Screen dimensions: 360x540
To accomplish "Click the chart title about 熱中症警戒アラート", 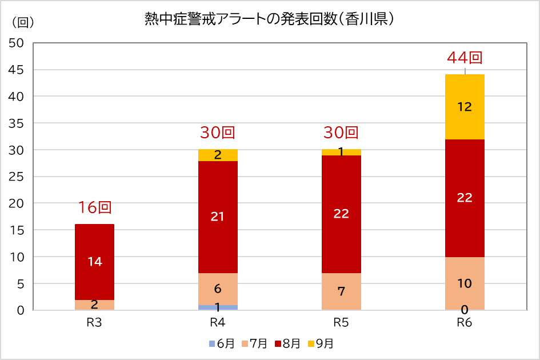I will pos(270,19).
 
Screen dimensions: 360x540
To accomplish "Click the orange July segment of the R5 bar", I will pos(341,291).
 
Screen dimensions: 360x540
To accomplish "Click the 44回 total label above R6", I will pos(465,58).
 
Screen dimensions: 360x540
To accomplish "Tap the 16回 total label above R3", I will pos(94,207).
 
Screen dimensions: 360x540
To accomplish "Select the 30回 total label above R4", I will pos(218,133).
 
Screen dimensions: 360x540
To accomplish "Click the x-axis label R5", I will pos(341,322).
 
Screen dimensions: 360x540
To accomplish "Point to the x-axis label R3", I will pos(94,322).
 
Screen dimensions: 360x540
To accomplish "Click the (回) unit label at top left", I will pos(23,22).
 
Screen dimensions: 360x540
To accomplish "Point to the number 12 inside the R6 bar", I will pos(465,107).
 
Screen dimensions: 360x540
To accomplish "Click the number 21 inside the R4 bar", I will pos(218,217).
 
